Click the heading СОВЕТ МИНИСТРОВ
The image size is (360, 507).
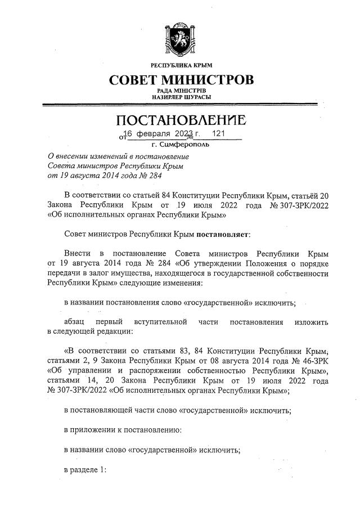181,79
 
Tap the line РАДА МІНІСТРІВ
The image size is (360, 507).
181,91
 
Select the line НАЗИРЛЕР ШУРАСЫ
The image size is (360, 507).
181,97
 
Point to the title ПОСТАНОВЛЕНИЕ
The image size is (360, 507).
181,120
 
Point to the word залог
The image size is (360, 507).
96,273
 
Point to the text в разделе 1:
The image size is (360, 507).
84,470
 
